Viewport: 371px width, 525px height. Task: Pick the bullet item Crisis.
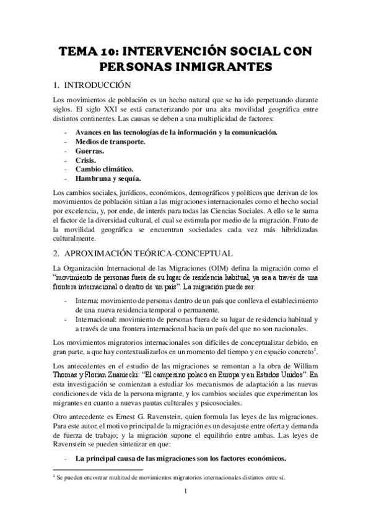(x=86, y=160)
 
